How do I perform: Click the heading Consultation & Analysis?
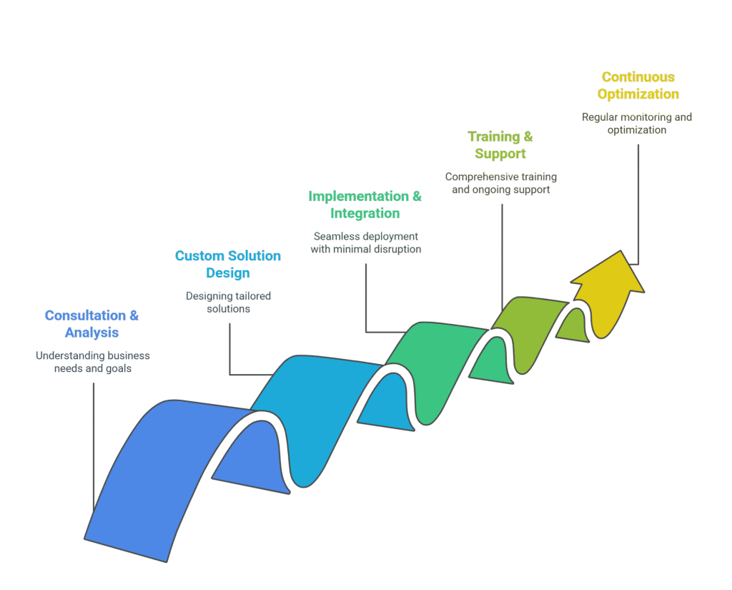tap(91, 324)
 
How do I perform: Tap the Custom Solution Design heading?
tap(228, 264)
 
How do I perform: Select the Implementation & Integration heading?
tap(365, 205)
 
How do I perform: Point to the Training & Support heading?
tap(500, 144)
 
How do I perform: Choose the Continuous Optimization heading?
tap(638, 85)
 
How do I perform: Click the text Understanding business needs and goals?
tap(93, 362)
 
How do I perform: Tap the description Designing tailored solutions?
tap(228, 302)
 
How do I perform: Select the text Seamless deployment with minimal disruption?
tap(365, 242)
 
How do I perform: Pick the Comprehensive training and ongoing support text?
tap(500, 183)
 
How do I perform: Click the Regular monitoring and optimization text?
tap(636, 123)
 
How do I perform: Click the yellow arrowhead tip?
tap(616, 254)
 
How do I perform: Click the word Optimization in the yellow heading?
tap(638, 94)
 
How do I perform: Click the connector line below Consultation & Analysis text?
tap(94, 443)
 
